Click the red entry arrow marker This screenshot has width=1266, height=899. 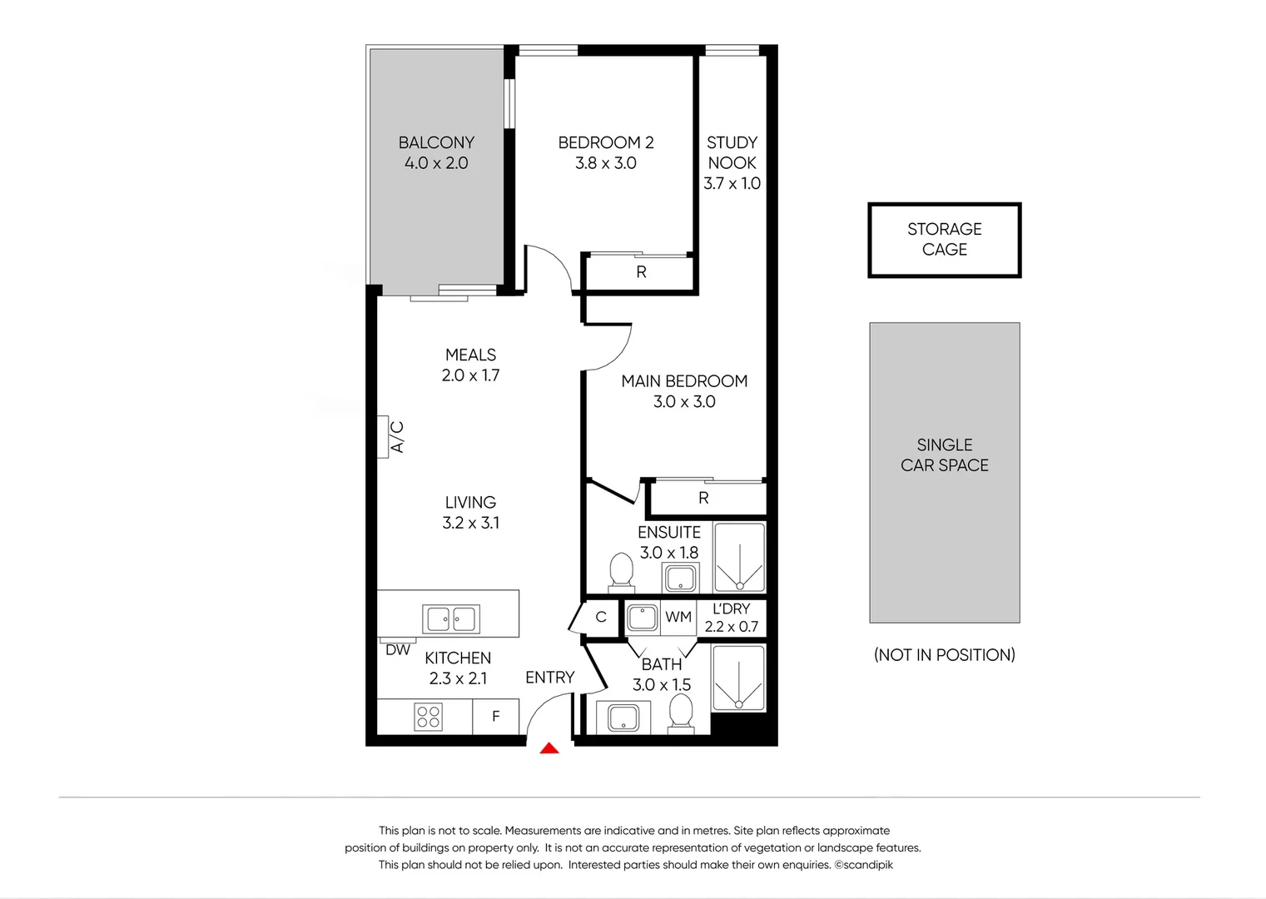549,748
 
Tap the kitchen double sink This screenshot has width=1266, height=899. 450,619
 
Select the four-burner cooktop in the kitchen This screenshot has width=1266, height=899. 428,717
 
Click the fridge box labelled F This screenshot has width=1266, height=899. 496,717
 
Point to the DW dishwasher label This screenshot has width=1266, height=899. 398,650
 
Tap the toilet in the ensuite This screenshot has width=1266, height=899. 621,571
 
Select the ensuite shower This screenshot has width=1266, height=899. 739,557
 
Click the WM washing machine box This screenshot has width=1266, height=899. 678,618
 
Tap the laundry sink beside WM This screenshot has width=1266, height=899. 643,618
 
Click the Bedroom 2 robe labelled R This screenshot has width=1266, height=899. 641,272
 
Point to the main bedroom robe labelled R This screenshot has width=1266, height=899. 704,498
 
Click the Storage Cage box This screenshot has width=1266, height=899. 944,240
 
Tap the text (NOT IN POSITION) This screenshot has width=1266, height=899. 944,655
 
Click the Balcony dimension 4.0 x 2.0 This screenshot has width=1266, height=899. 436,164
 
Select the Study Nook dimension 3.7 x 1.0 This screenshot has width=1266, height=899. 732,184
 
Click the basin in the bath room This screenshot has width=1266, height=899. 623,718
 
